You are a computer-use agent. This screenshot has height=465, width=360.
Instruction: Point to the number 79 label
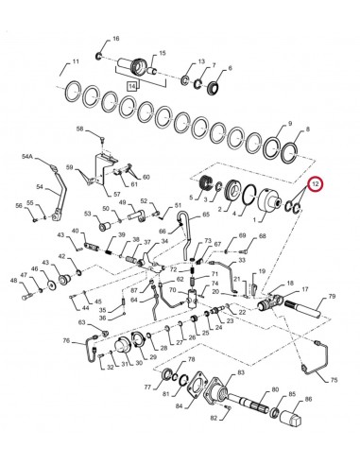pos(332,298)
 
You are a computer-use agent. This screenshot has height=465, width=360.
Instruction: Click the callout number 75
pos(333,379)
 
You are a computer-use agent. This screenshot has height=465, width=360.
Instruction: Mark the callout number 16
pos(116,39)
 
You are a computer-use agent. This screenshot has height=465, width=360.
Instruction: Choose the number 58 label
pos(80,129)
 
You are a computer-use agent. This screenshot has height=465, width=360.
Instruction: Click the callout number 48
pos(14,279)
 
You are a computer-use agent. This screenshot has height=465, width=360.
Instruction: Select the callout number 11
pos(65,65)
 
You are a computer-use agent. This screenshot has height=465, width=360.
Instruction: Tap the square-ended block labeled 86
pos(292,409)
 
